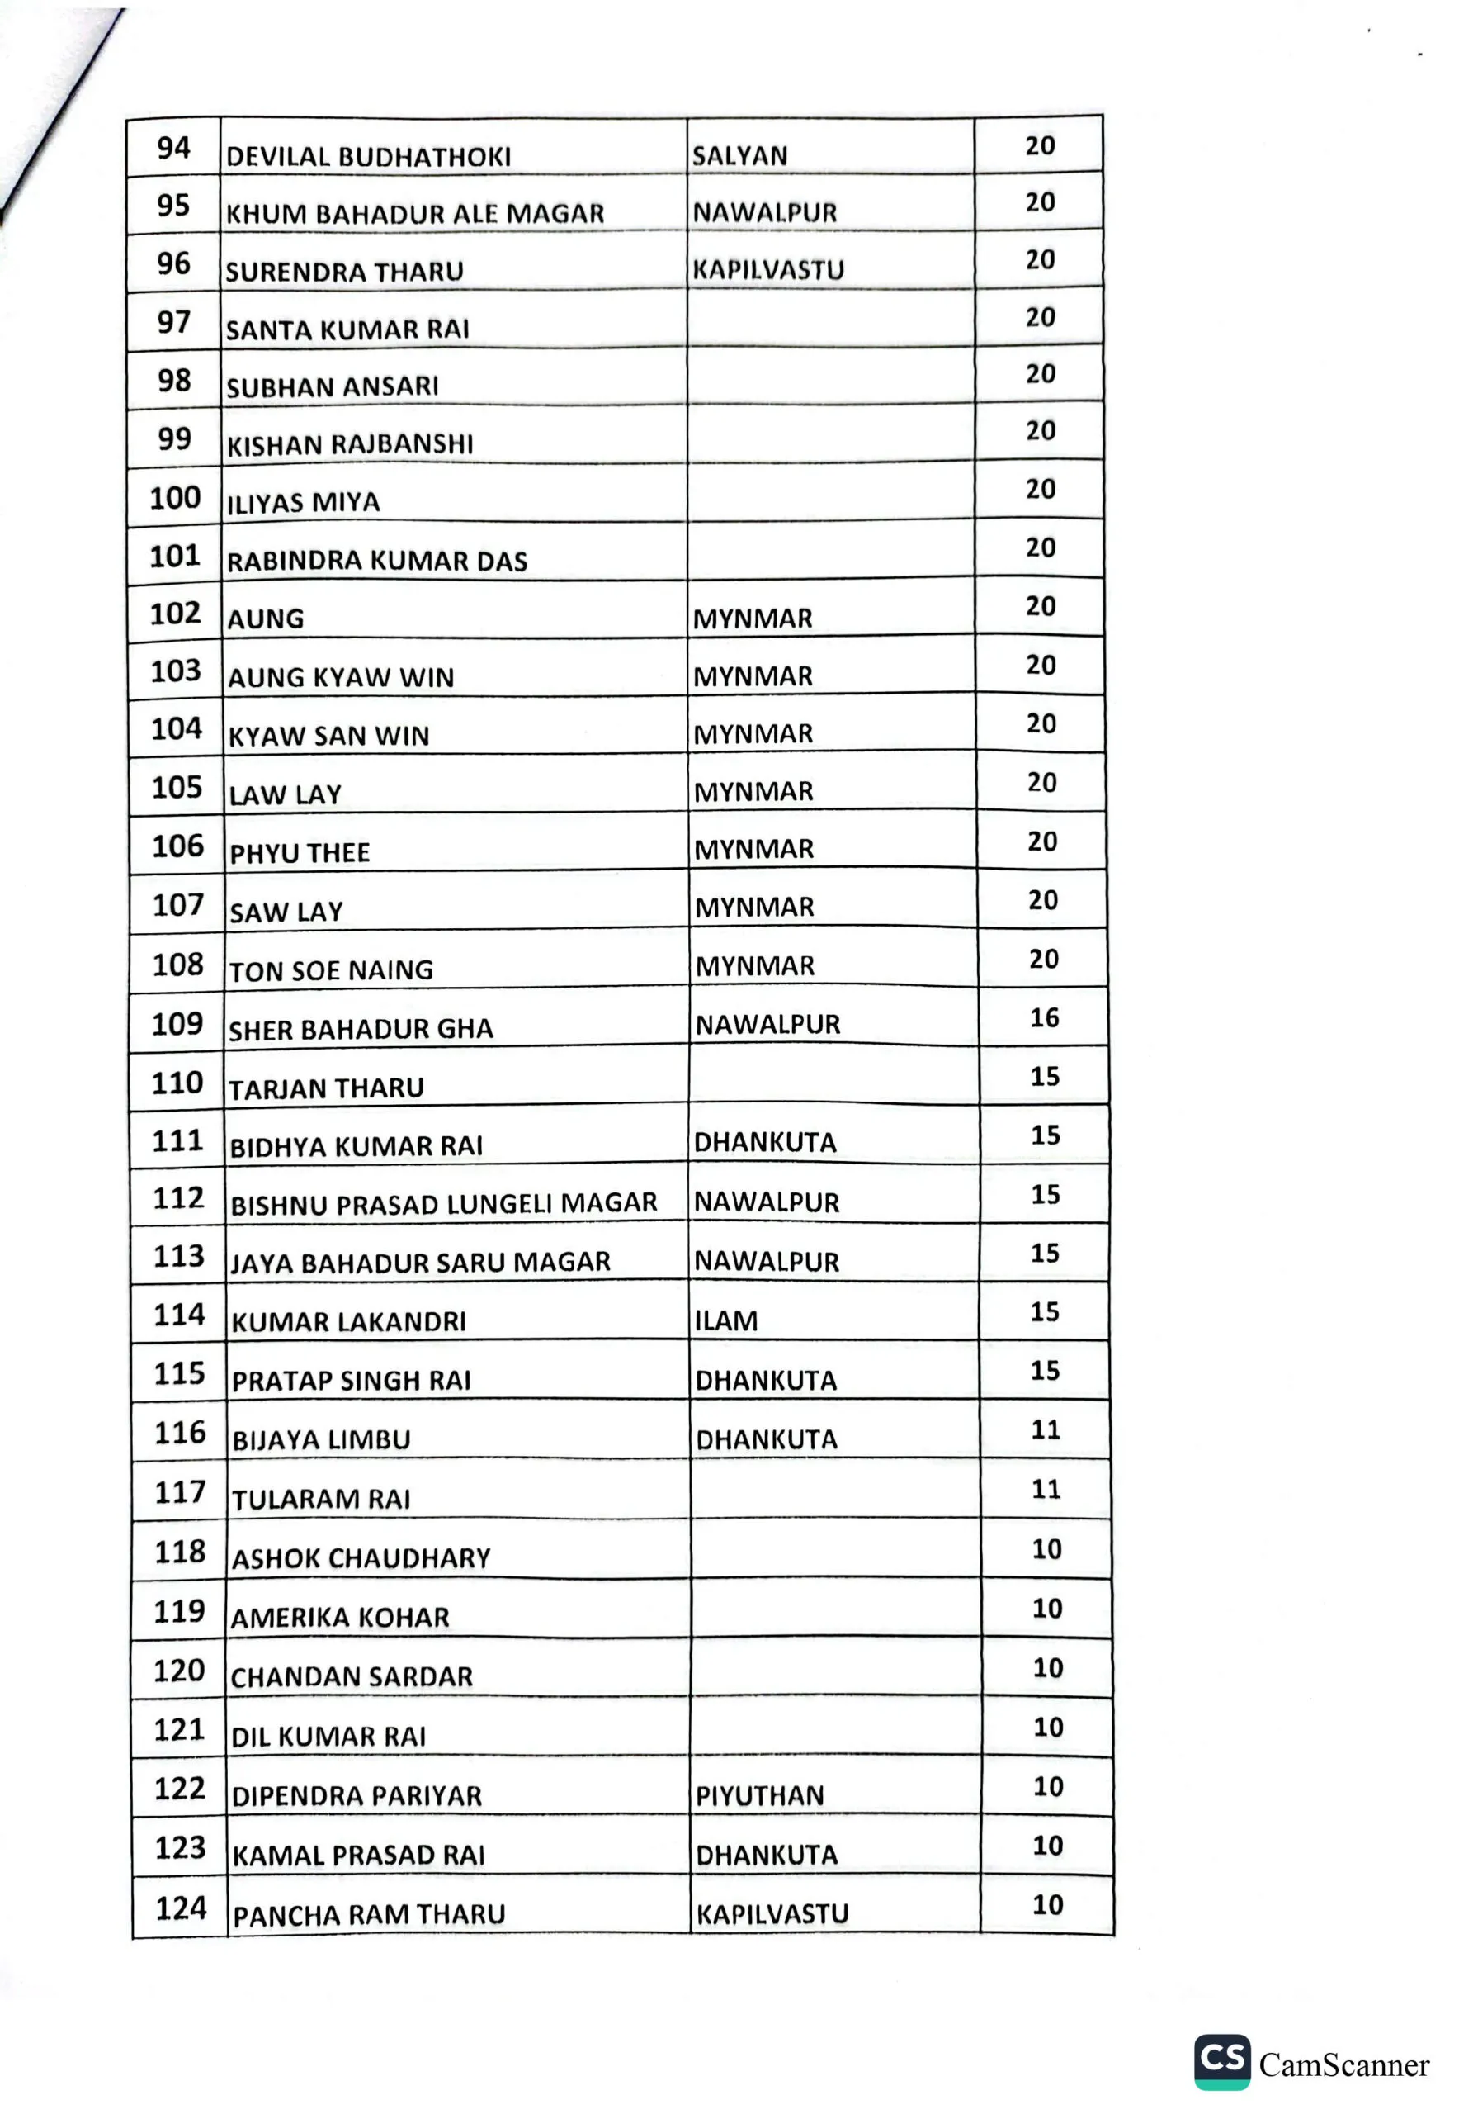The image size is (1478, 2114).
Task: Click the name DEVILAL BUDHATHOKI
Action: coord(368,157)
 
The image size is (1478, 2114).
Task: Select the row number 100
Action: coord(175,498)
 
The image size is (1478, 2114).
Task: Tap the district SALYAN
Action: coord(740,155)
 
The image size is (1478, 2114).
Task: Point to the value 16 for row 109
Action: coord(1044,1017)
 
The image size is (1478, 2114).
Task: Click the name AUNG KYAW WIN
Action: coord(341,678)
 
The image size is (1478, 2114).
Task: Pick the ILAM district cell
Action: coord(726,1321)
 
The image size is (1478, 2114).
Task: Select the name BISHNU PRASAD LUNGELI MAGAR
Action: coord(444,1203)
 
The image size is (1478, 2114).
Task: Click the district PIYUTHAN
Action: coord(759,1795)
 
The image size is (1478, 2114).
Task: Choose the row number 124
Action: coord(181,1908)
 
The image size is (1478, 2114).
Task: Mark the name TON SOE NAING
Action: coord(331,970)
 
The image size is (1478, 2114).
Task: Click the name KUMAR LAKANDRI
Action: coord(349,1322)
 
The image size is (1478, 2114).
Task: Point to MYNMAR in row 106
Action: coord(753,849)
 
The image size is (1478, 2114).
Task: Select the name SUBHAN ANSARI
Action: coord(333,386)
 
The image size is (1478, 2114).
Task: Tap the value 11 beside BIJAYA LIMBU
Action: coord(1046,1430)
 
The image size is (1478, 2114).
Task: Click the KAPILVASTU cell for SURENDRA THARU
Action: coord(768,270)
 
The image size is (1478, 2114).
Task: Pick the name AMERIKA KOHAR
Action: coord(341,1618)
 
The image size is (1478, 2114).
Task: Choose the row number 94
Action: coord(173,147)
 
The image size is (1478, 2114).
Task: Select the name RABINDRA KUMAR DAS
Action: coord(377,561)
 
